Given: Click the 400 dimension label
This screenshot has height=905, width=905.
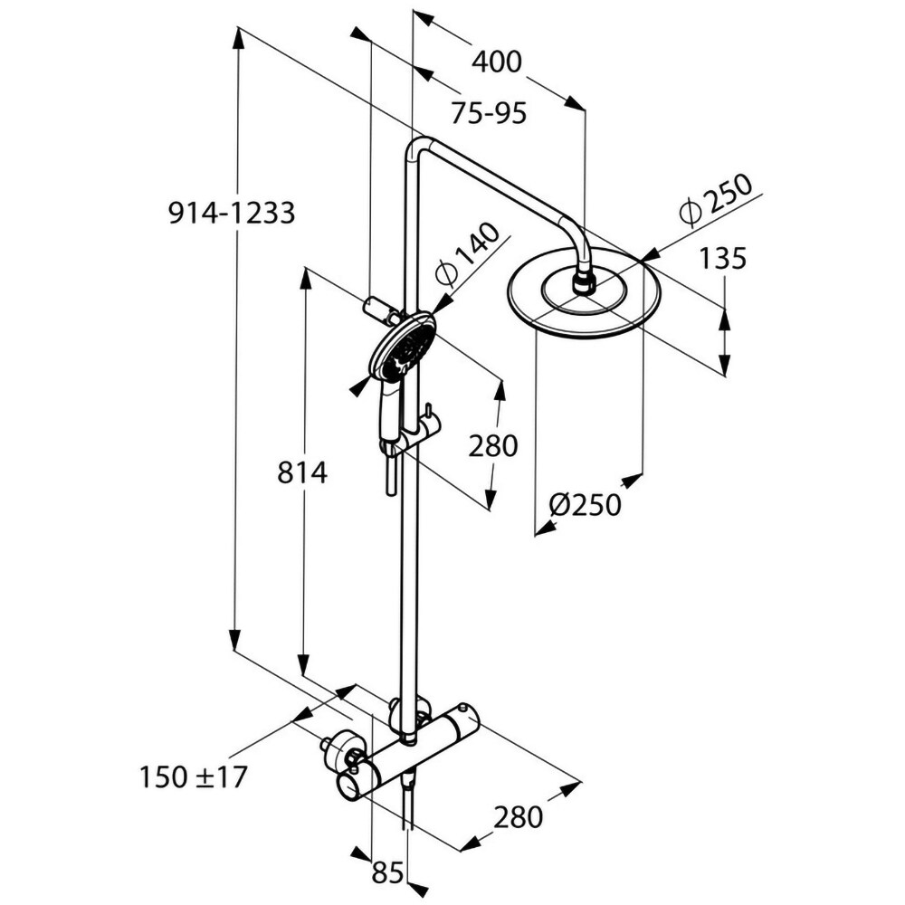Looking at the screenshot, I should pos(497,62).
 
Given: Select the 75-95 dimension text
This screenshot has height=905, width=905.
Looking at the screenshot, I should pos(489,114).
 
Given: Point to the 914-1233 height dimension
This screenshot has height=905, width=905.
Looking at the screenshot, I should pos(232,214).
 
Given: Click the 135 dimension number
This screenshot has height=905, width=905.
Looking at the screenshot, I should pos(723,259).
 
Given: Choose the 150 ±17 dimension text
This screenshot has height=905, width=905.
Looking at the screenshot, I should pos(193,776).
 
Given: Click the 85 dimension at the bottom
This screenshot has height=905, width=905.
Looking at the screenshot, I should pos(387,872).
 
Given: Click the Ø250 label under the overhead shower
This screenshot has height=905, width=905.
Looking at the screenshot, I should pos(586,504).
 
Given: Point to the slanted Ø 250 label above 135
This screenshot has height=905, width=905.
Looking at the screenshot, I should pos(714,199).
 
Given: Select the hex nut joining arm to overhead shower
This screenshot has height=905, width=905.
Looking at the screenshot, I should pos(585,284).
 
